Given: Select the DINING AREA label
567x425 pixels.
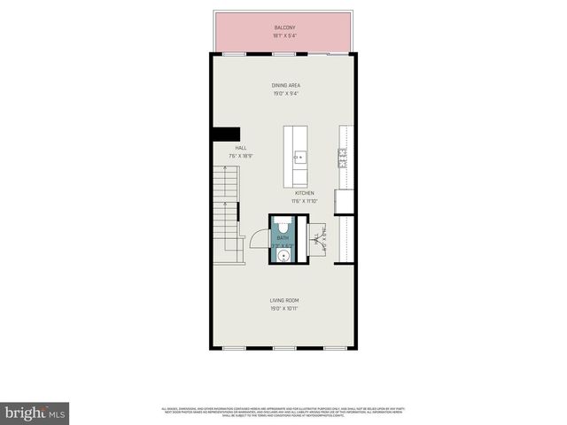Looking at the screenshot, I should point(285,85).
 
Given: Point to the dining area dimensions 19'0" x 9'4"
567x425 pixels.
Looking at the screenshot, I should point(285,93).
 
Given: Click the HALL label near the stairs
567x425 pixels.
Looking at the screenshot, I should point(240,148).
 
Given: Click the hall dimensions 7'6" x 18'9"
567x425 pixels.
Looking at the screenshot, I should point(240,156).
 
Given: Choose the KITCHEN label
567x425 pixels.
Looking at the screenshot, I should point(305,193).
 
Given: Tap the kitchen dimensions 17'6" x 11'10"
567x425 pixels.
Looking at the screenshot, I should point(305,201).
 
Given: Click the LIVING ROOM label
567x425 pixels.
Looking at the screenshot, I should point(285,302).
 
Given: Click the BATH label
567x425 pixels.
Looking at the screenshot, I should point(283,238).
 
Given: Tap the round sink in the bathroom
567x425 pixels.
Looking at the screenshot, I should point(283,257).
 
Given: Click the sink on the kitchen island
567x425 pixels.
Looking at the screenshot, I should point(299,158).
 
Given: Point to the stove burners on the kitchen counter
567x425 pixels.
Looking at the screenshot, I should point(341,158).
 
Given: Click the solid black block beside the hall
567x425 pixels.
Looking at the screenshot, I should point(219,133).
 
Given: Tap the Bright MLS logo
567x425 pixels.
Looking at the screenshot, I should point(35,413).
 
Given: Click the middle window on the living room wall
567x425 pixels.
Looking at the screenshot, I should point(283,348).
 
